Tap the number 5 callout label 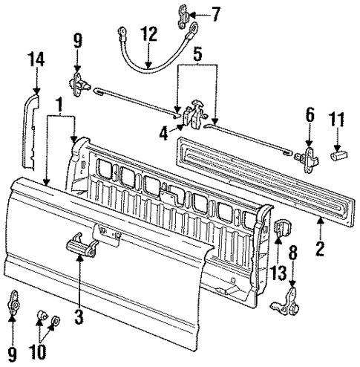click(x=196, y=53)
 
